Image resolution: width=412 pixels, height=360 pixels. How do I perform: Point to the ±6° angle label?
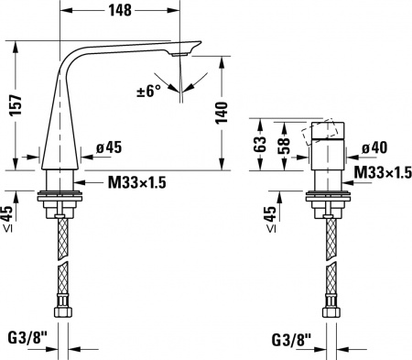click(148, 91)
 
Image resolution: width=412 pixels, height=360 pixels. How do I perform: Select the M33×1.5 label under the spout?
click(136, 183)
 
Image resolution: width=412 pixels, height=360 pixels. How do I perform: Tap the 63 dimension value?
click(259, 144)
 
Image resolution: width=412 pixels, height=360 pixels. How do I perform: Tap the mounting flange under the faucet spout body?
click(63, 196)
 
